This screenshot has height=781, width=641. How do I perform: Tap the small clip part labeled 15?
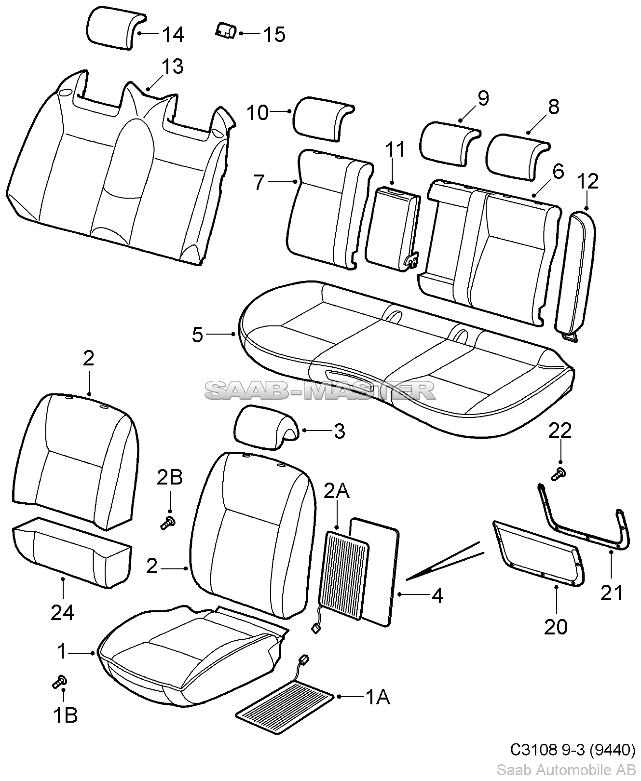point(225,30)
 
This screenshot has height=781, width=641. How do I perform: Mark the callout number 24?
point(62,612)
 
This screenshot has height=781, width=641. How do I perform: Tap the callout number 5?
point(198,334)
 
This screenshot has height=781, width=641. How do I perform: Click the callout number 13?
point(172,67)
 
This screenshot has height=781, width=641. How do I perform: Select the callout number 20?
point(556,627)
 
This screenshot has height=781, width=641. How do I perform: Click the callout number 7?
point(259,183)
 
